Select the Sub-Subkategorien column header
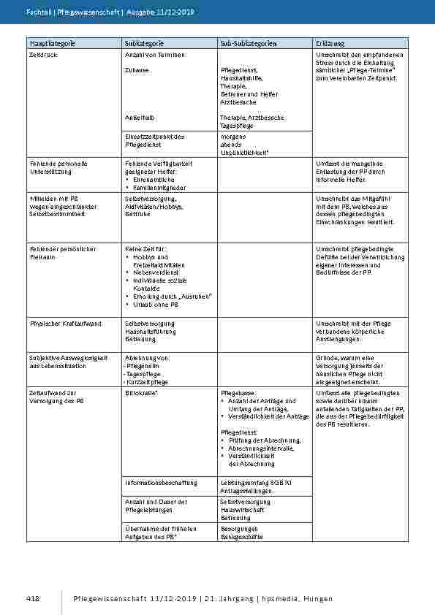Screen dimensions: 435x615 [248, 45]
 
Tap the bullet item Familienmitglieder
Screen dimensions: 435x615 [156, 187]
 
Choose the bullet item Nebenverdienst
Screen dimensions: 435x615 [155, 272]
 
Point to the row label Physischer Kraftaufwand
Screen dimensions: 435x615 [65, 323]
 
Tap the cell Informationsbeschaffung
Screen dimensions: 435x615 [161, 483]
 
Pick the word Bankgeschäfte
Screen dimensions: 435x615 [241, 537]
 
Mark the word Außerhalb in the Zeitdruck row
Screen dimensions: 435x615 [139, 117]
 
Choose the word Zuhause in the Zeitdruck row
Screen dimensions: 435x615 [137, 69]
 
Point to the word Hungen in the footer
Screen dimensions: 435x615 [319, 599]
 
